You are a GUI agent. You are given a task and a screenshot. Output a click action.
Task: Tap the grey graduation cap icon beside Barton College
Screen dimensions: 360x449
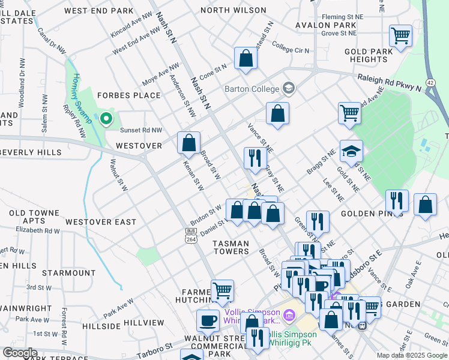(x=289, y=89)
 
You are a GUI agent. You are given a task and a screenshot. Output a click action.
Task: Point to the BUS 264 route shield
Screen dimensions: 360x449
(x=191, y=236)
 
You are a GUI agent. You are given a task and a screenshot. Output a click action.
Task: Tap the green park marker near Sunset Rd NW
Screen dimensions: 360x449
(x=106, y=119)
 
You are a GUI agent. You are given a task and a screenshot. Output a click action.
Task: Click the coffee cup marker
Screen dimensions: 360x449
(x=208, y=319)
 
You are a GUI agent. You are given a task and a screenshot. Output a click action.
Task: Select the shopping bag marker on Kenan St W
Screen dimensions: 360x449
(x=188, y=142)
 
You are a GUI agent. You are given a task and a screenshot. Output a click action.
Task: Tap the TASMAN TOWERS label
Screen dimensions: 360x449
(x=231, y=247)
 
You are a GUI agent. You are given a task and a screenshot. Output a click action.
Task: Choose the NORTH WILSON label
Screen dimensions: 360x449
(x=234, y=10)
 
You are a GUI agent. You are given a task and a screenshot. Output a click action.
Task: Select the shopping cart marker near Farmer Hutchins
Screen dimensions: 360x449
(x=222, y=290)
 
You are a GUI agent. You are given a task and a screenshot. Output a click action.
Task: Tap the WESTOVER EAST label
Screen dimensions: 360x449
(x=101, y=222)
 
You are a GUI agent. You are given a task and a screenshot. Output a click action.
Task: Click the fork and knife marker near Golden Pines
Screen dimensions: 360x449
(x=397, y=200)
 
